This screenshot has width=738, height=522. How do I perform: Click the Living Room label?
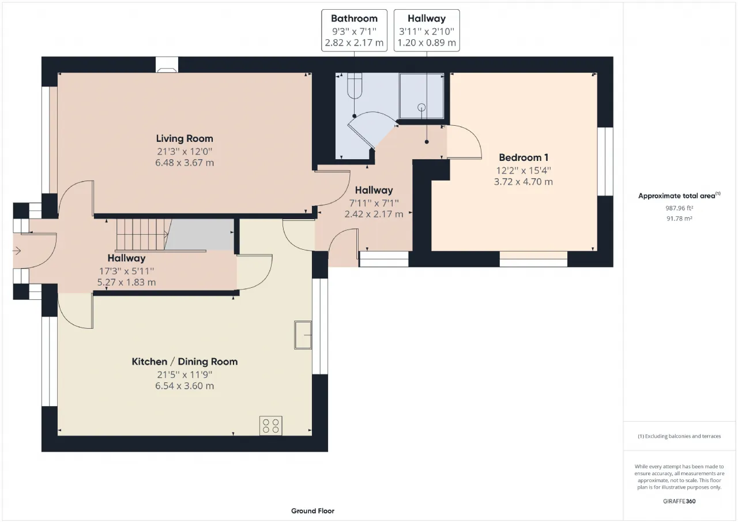(x=184, y=139)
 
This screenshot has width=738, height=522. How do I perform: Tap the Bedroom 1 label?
(x=523, y=157)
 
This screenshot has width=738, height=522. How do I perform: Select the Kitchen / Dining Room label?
(x=184, y=362)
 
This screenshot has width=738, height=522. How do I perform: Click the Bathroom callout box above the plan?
(x=354, y=31)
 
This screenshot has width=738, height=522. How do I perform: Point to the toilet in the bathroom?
(x=355, y=86)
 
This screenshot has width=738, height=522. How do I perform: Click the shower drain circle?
(x=421, y=107)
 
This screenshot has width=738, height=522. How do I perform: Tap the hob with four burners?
(x=271, y=426)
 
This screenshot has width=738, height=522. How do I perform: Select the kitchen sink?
(x=303, y=335)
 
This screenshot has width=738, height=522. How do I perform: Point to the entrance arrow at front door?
(x=17, y=251)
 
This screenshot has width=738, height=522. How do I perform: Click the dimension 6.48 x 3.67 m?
(x=184, y=163)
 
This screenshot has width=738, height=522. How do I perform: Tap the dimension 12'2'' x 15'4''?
(x=524, y=170)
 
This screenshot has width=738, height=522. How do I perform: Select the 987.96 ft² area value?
(x=679, y=208)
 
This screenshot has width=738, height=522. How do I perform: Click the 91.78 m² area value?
(x=679, y=219)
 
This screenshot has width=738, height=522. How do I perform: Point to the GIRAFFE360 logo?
(x=679, y=501)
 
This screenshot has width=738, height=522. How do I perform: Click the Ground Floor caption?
(x=312, y=511)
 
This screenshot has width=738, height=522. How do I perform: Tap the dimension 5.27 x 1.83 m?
(x=126, y=283)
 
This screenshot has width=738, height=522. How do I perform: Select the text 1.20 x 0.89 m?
(x=427, y=43)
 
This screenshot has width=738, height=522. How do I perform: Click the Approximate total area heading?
(x=679, y=196)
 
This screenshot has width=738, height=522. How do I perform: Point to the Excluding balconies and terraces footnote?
(x=679, y=436)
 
